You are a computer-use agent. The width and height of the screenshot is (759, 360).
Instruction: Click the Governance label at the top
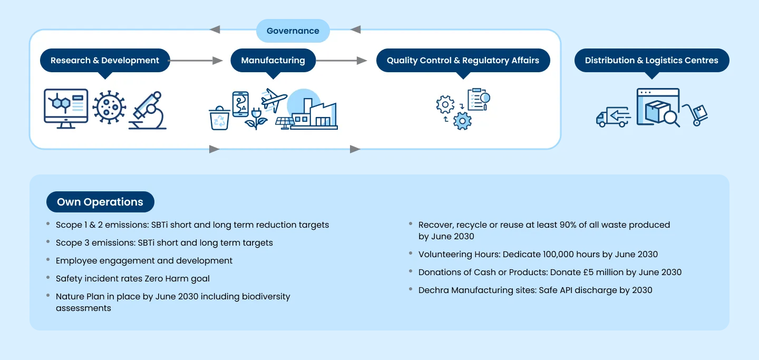293,31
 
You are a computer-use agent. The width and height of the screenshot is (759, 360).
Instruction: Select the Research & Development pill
105,61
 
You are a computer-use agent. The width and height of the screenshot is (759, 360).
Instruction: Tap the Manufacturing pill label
273,61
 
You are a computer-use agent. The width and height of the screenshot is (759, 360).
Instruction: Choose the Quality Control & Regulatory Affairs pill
463,61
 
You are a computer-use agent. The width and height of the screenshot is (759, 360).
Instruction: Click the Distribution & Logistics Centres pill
651,61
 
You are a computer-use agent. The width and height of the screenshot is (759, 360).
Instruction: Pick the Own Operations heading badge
100,202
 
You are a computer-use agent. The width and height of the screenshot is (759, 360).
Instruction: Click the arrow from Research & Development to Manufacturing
196,61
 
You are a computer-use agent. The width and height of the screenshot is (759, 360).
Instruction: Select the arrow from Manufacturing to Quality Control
342,61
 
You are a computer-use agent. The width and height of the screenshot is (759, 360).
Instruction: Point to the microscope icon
149,111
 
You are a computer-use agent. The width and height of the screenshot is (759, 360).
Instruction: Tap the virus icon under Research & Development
109,108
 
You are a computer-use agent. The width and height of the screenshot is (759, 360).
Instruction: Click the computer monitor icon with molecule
66,108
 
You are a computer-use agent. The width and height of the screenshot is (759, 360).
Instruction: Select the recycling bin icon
219,118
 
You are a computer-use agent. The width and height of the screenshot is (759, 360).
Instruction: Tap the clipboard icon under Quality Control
478,99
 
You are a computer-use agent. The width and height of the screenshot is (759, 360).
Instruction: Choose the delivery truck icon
613,116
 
